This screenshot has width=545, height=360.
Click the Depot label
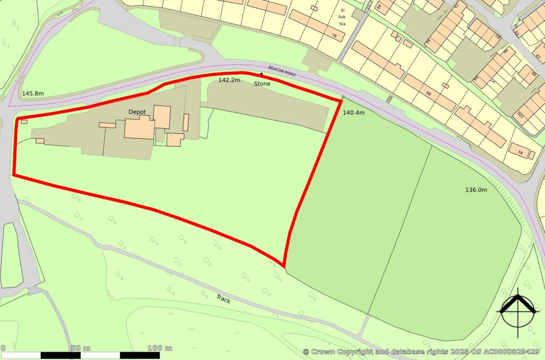(137, 112)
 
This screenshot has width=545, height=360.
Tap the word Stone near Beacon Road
(262, 84)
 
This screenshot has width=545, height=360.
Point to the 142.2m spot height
(229, 80)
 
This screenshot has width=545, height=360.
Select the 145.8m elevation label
(32, 94)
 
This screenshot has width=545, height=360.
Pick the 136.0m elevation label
(476, 190)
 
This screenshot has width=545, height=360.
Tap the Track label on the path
(224, 299)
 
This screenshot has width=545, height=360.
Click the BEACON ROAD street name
(282, 71)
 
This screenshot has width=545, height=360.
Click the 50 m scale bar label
(80, 348)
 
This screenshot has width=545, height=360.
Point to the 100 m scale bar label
(160, 348)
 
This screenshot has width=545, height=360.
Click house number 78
(334, 36)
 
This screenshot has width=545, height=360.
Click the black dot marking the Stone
(261, 74)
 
